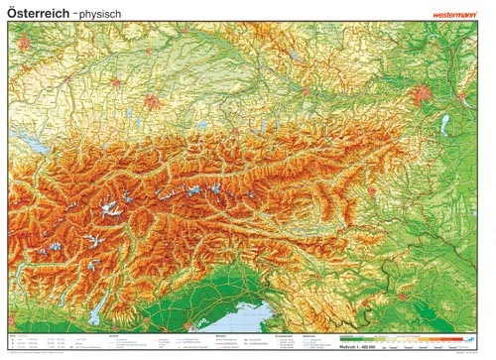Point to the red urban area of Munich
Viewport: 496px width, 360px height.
tap(152, 100)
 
